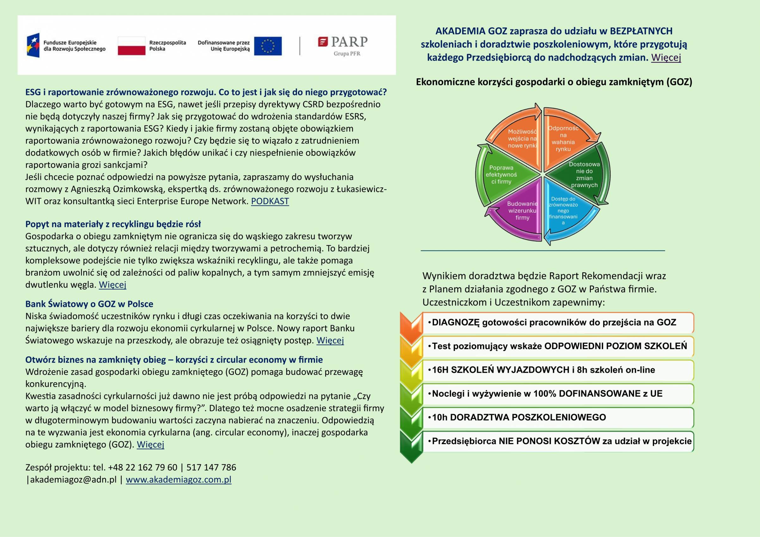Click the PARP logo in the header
point(343,45)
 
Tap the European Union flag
point(268,46)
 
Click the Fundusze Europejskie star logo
point(33,45)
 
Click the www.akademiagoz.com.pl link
point(178,480)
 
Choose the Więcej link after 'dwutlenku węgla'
point(113,285)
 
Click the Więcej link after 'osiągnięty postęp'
point(330,340)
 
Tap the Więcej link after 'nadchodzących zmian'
point(666,57)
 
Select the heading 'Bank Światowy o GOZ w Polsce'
point(90,304)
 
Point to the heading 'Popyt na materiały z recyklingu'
point(113,224)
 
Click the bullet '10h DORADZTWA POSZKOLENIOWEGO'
point(519,417)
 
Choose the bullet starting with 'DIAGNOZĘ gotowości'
point(554,323)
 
